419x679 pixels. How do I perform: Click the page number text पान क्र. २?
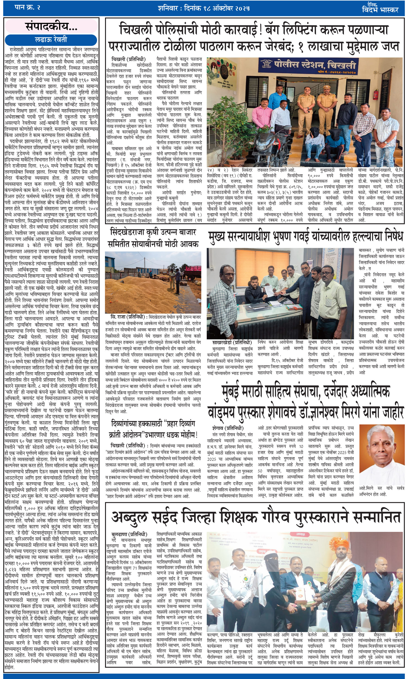tap(27, 8)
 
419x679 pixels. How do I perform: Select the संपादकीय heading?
tap(51, 26)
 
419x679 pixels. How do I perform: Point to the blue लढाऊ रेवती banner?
tap(51, 39)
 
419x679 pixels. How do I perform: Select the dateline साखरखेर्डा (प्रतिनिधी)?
tap(232, 342)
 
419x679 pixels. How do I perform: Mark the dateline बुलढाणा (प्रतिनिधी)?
tap(129, 534)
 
